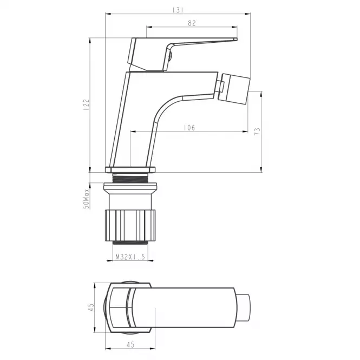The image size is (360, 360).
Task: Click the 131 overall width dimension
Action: coord(178,10)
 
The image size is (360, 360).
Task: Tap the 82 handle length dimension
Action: coord(192,23)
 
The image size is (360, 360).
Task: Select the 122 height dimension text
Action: coord(86,105)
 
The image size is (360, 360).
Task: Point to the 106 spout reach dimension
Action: coord(189,128)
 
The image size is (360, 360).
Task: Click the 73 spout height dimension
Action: coord(257,132)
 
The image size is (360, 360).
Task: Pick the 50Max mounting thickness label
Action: coord(86,199)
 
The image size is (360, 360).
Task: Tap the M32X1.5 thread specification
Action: coord(130,257)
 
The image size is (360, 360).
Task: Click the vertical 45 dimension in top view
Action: coord(91,307)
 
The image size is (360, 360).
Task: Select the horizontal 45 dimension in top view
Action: coord(130,344)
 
